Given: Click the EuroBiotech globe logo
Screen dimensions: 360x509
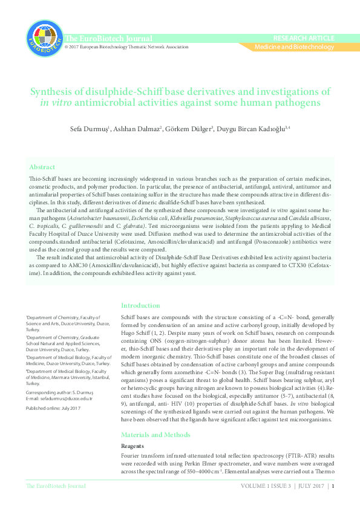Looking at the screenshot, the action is (44, 37).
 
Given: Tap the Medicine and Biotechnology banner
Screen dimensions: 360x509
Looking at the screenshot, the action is (294, 47).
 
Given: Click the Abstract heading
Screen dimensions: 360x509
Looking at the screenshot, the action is (42, 167).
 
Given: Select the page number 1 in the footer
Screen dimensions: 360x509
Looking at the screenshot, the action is (333, 486).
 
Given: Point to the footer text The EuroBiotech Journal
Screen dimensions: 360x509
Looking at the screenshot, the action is (56, 486).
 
